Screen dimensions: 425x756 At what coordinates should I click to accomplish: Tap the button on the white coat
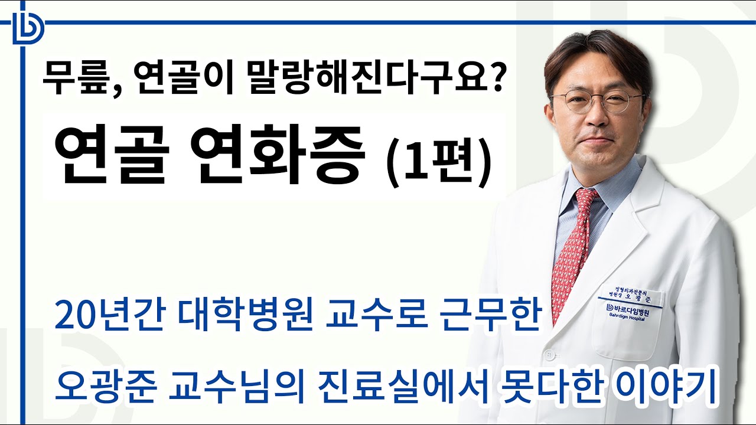coord(550,355)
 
